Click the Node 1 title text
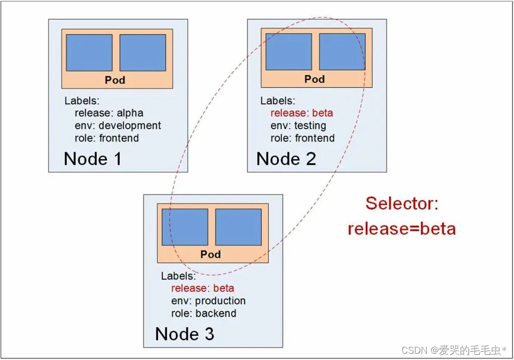(93, 158)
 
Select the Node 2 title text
(286, 158)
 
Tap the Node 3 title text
(185, 334)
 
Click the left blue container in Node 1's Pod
(89, 53)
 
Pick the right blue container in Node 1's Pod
(143, 53)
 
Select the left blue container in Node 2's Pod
(288, 52)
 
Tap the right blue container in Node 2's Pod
(342, 52)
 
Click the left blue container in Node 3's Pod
(185, 227)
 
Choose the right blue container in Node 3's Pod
(238, 227)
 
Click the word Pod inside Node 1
(115, 80)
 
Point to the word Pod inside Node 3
(211, 254)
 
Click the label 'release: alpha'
(109, 113)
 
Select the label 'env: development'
(118, 126)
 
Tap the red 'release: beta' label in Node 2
(302, 113)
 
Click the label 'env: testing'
(298, 126)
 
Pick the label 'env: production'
(209, 301)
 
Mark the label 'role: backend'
(204, 313)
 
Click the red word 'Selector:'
(402, 203)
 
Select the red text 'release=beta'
(402, 228)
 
